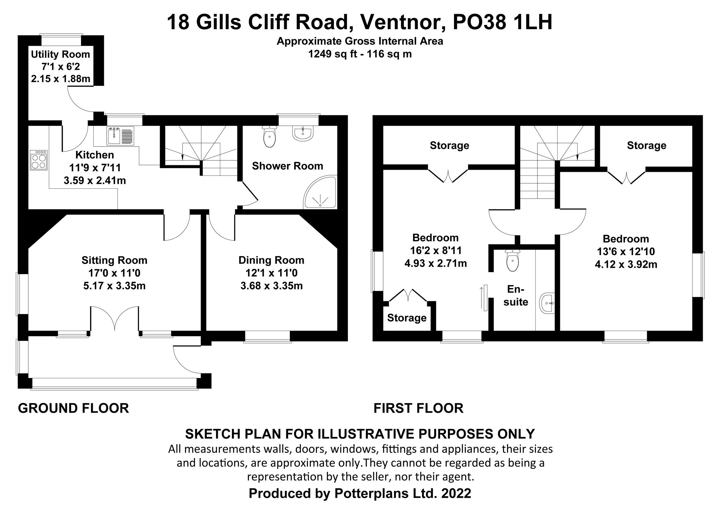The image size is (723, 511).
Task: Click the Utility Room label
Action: pos(61,54)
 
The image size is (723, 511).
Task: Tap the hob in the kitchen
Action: pos(39,160)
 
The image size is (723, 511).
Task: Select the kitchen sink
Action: pos(120,136)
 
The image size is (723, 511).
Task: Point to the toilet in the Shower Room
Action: pos(270,137)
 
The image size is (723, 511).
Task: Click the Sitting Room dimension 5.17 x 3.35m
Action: pos(114,286)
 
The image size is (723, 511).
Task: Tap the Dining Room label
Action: pos(271,260)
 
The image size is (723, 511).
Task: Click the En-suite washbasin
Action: pos(547,303)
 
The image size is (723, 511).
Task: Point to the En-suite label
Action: pos(515,296)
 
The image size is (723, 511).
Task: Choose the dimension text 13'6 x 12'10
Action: pos(626,251)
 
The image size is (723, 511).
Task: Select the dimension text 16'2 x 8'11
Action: pos(436,250)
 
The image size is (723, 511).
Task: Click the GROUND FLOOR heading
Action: pos(74,408)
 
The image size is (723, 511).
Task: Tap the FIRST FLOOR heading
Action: pos(418,408)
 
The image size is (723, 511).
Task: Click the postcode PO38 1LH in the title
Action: pos(502,22)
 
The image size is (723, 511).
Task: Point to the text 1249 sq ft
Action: pos(332,54)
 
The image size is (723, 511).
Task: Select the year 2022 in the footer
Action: pos(456,494)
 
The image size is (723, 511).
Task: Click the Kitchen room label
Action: pos(95,155)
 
